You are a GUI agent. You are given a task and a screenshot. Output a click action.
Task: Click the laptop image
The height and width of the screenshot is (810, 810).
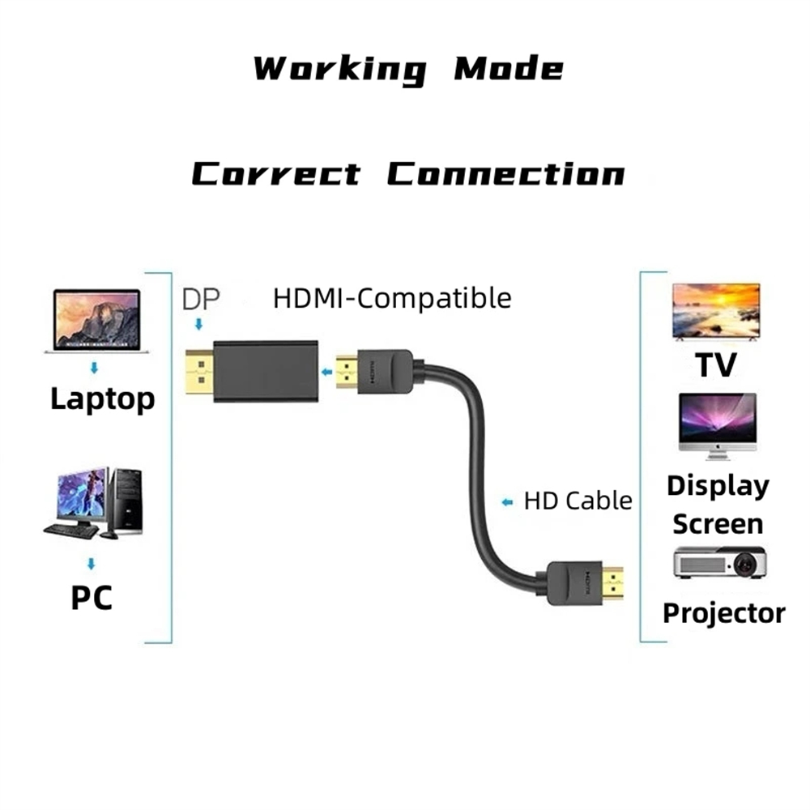pyautogui.click(x=96, y=321)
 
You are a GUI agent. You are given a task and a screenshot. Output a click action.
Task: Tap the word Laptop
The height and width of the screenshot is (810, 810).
pyautogui.click(x=103, y=399)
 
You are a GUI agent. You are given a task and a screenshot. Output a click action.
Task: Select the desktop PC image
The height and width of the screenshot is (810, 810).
pyautogui.click(x=93, y=503)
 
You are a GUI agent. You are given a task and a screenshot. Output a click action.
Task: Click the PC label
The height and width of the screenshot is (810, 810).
pyautogui.click(x=92, y=598)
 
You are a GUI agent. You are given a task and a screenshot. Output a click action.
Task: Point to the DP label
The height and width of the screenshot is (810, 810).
pyautogui.click(x=201, y=299)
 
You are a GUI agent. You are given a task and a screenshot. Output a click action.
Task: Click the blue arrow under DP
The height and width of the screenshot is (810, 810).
pyautogui.click(x=198, y=324)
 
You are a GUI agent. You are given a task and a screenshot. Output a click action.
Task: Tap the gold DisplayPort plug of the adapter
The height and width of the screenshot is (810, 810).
pyautogui.click(x=199, y=372)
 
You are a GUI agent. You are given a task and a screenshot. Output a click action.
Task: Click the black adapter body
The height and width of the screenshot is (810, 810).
pyautogui.click(x=266, y=372)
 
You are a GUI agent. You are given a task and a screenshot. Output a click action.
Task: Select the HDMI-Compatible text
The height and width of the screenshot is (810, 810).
pyautogui.click(x=392, y=298)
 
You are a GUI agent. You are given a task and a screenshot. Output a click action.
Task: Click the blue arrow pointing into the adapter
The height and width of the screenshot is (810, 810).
pyautogui.click(x=326, y=372)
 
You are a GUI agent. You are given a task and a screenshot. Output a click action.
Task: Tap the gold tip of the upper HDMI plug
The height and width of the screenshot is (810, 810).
pyautogui.click(x=347, y=372)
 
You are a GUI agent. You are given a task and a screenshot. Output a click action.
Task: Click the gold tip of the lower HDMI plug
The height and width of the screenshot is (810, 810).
pyautogui.click(x=612, y=584)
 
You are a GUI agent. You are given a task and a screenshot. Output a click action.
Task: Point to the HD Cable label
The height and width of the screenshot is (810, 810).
pyautogui.click(x=578, y=501)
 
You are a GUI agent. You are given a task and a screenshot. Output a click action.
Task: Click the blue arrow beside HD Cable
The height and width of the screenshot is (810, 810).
pyautogui.click(x=507, y=501)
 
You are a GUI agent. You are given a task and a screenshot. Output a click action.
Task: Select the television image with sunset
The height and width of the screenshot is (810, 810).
pyautogui.click(x=716, y=312)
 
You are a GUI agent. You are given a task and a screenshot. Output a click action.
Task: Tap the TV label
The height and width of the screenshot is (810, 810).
pyautogui.click(x=716, y=365)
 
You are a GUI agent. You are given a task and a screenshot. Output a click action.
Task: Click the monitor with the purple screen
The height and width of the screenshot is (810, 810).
pyautogui.click(x=718, y=426)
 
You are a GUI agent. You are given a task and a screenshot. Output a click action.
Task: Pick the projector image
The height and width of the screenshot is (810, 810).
pyautogui.click(x=719, y=562)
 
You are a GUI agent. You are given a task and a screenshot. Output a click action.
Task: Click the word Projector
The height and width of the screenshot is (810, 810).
pyautogui.click(x=724, y=614)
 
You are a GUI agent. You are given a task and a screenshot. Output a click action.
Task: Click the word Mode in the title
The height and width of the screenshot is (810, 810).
pyautogui.click(x=509, y=69)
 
